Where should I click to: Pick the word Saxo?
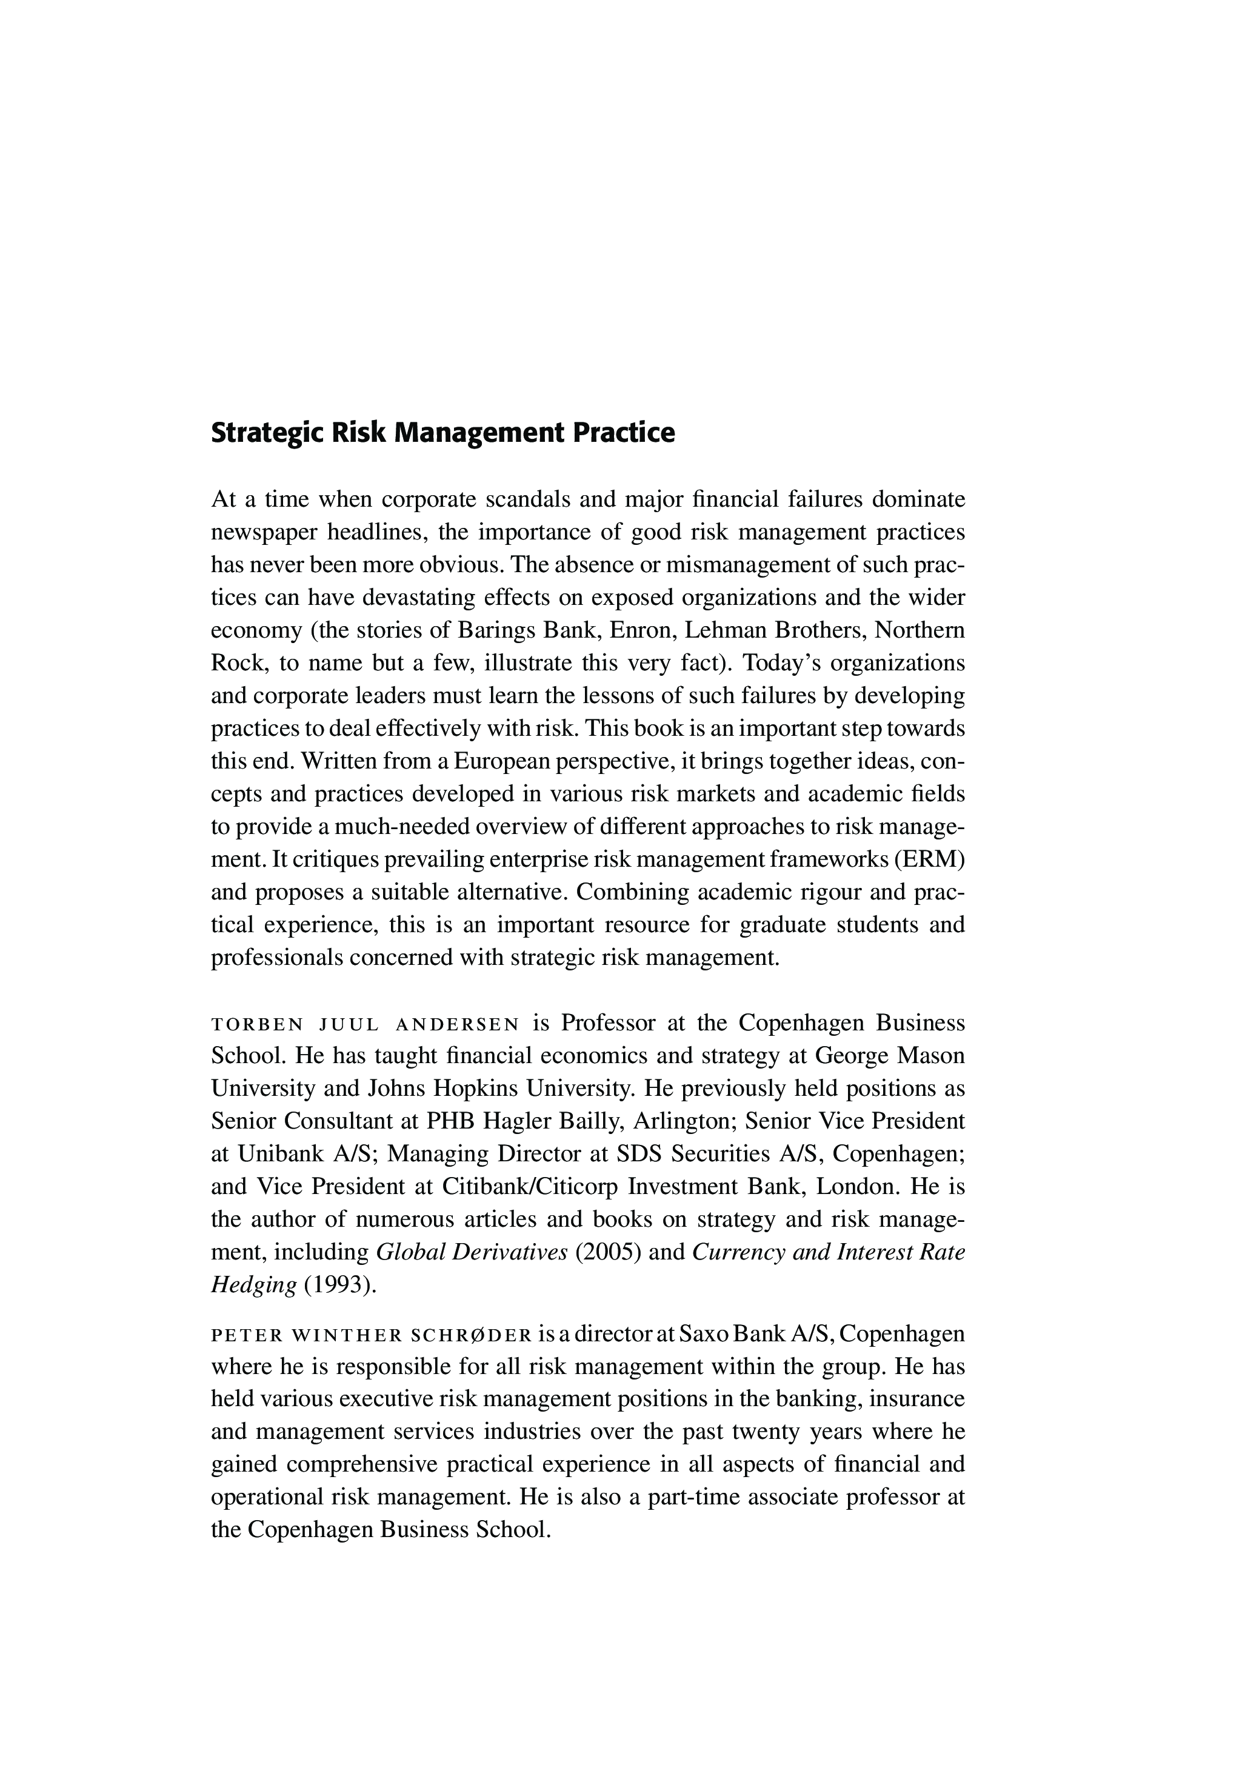click(701, 1333)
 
